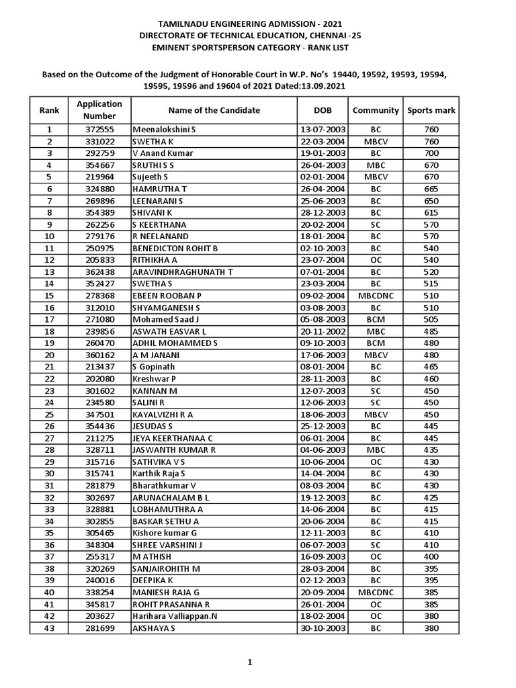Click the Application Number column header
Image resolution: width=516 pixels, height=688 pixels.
[x=99, y=110]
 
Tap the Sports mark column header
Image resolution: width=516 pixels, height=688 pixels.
[x=431, y=110]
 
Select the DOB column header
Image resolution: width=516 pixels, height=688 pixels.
[x=322, y=110]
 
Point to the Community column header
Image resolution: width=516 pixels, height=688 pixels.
[x=376, y=110]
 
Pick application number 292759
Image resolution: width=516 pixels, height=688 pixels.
[x=99, y=153]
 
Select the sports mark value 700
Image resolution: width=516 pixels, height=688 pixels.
[x=431, y=153]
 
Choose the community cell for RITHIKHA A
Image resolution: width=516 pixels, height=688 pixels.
[x=376, y=260]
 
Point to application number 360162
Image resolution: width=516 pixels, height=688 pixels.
[x=99, y=355]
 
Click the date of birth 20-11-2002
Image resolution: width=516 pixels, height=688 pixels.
[x=322, y=331]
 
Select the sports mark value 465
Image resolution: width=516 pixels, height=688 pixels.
[x=431, y=367]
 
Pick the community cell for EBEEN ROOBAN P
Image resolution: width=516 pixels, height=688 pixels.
[x=376, y=296]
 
